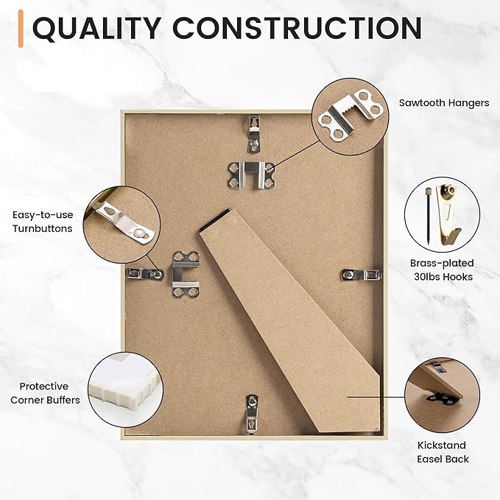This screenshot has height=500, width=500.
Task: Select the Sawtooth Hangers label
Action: pos(444,103)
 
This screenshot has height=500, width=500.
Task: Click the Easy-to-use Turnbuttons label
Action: pos(43,222)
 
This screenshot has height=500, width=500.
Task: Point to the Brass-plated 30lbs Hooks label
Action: pos(442,270)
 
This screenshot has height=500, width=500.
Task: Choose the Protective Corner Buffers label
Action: pos(45,392)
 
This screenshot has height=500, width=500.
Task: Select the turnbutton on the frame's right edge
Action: pos(362,275)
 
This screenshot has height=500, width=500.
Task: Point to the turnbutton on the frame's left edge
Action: pos(144,274)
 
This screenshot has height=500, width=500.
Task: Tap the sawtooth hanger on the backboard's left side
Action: pos(186,273)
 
